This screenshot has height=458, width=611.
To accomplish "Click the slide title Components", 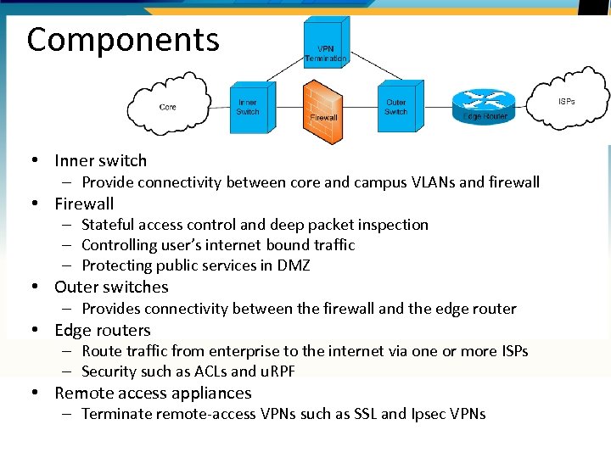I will tap(123, 40).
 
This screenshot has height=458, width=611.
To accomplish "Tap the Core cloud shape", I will tap(168, 106).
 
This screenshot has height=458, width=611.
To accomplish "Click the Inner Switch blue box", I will tap(248, 109).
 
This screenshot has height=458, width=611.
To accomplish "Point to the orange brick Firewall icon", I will tap(323, 110).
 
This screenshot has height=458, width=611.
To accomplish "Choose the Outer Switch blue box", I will tap(395, 108).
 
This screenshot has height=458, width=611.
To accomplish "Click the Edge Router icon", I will tap(485, 106).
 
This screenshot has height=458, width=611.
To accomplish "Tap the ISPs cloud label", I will tap(566, 102).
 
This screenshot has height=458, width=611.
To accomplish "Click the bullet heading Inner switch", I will tap(100, 160).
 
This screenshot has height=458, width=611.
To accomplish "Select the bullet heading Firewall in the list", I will tap(84, 204).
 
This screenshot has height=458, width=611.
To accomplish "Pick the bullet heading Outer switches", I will tap(111, 287).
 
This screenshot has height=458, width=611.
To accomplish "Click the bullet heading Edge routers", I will tap(102, 330).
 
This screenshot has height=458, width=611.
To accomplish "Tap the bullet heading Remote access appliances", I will tap(153, 393).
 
